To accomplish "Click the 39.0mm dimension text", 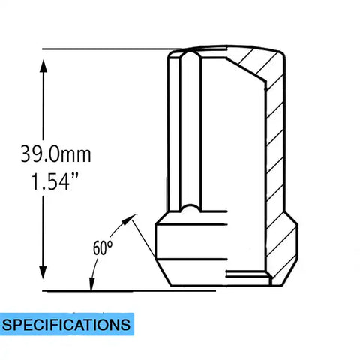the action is coord(55,154).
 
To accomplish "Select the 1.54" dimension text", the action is coord(55,181).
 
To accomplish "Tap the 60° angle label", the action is coord(103,247).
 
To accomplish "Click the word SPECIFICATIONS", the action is coord(66,325).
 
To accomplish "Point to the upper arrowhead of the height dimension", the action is coord(43,66).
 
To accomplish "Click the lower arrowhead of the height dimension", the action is coord(43,272).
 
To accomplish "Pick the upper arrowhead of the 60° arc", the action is coord(128,219).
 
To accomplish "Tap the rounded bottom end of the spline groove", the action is coord(190,208).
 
